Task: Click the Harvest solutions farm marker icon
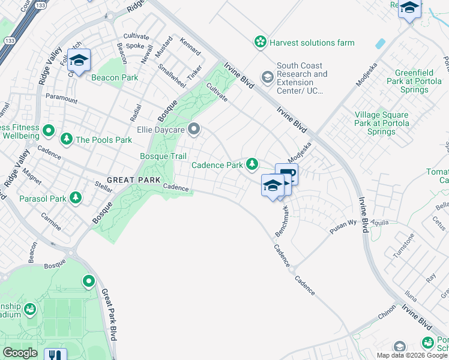pyautogui.click(x=260, y=42)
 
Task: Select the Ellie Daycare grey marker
pyautogui.click(x=194, y=129)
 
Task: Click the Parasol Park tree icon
pyautogui.click(x=75, y=197)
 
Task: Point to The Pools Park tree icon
pyautogui.click(x=66, y=139)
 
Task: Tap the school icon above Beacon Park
pyautogui.click(x=79, y=60)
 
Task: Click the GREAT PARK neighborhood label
pyautogui.click(x=133, y=180)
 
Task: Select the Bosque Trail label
pyautogui.click(x=163, y=156)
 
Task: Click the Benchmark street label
pyautogui.click(x=282, y=220)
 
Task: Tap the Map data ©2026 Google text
pyautogui.click(x=411, y=355)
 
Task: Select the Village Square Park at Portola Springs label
pyautogui.click(x=382, y=123)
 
